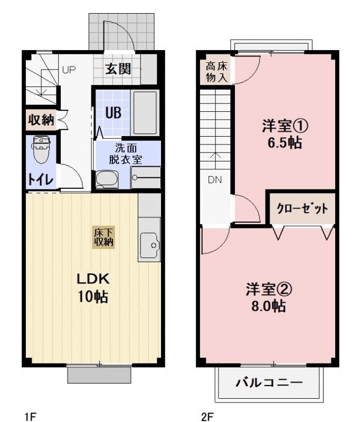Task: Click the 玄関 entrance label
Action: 117,69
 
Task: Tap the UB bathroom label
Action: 112,112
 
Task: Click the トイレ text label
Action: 40,179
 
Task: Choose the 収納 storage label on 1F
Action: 41,120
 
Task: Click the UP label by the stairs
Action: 69,69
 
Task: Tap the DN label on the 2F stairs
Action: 214,179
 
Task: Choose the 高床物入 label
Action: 216,72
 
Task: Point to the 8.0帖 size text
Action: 269,306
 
